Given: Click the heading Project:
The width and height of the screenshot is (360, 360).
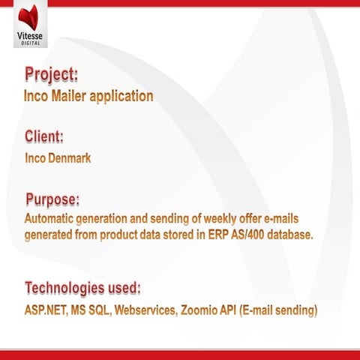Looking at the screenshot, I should (x=51, y=76).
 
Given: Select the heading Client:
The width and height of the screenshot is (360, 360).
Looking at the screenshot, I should (x=43, y=137).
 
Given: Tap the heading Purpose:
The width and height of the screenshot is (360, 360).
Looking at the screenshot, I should (x=52, y=199).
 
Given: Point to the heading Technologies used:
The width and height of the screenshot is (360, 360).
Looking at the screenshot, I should (x=83, y=288).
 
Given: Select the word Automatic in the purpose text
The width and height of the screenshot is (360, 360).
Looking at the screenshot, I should (x=51, y=219).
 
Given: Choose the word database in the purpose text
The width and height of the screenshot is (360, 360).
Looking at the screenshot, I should (x=286, y=235).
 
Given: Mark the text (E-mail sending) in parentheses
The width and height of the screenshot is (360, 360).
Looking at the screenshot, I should (x=278, y=309).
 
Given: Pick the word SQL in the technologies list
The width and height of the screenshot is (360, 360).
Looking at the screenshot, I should (x=101, y=309).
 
